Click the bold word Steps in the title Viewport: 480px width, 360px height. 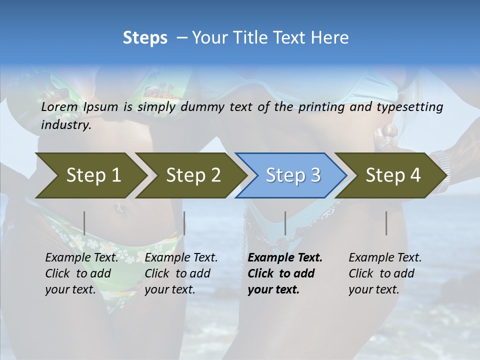(145, 38)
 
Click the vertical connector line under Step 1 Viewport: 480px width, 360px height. (84, 223)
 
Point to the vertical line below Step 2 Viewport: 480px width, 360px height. (184, 223)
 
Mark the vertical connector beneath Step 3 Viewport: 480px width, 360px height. (285, 223)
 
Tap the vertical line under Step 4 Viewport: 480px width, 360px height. (386, 223)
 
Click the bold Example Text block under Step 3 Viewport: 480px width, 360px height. (285, 273)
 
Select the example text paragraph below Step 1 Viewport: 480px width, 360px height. (81, 273)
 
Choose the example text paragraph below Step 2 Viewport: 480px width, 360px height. (181, 273)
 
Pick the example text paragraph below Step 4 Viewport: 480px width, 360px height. (385, 273)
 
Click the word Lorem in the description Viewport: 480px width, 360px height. (59, 106)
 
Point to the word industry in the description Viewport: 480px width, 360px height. (65, 125)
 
